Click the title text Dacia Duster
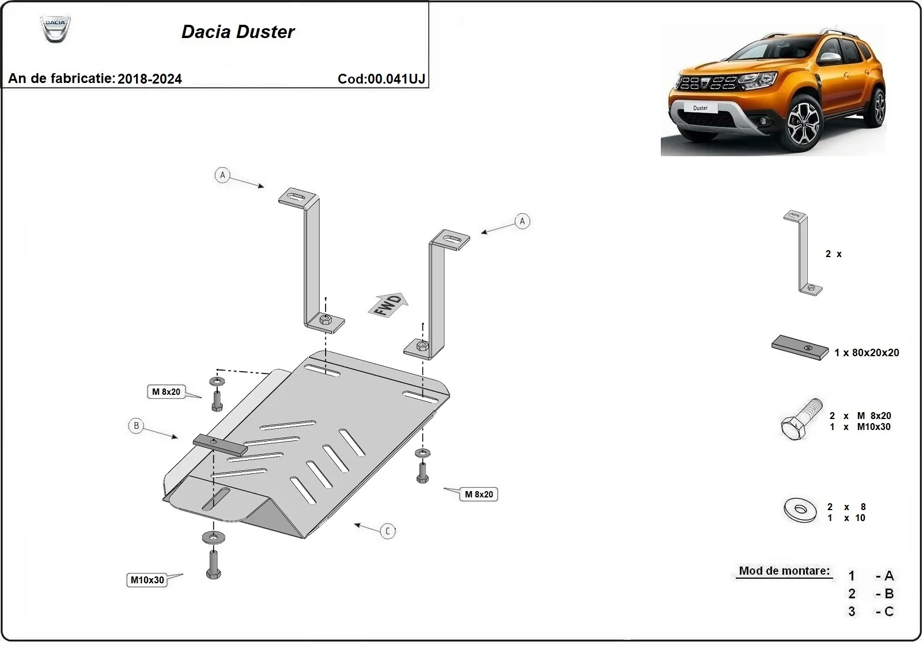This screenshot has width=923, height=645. click(x=238, y=32)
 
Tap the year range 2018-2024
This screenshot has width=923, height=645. click(x=150, y=79)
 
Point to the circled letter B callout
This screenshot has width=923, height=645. click(x=136, y=426)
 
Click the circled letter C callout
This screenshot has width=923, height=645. click(x=388, y=531)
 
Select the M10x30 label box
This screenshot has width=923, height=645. click(x=147, y=580)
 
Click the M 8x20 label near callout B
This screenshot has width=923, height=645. click(x=166, y=392)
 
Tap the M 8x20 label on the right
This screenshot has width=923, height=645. click(x=479, y=495)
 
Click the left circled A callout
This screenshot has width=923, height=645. click(x=222, y=175)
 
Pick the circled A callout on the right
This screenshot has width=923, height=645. click(x=522, y=221)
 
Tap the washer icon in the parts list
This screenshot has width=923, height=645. click(x=800, y=509)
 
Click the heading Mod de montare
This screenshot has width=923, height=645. click(x=784, y=571)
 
